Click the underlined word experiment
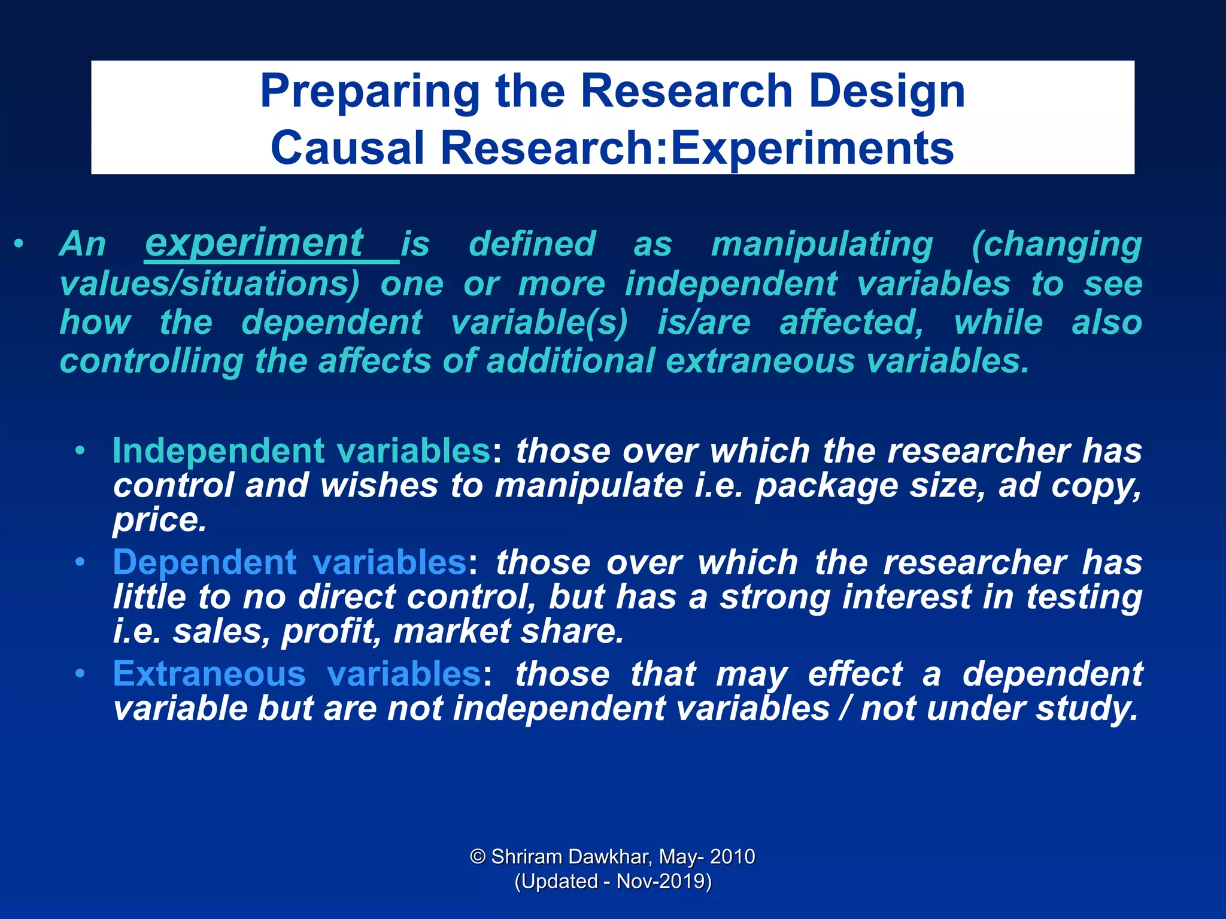254,243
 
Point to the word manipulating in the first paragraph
822,244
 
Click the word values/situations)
210,284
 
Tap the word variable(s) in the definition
539,322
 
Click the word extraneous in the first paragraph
760,361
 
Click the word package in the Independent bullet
826,485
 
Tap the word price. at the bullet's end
159,519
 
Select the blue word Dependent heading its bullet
204,562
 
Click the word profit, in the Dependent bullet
331,631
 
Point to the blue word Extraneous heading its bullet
209,674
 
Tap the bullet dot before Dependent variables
80,562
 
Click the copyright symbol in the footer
478,856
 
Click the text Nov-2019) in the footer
664,881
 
